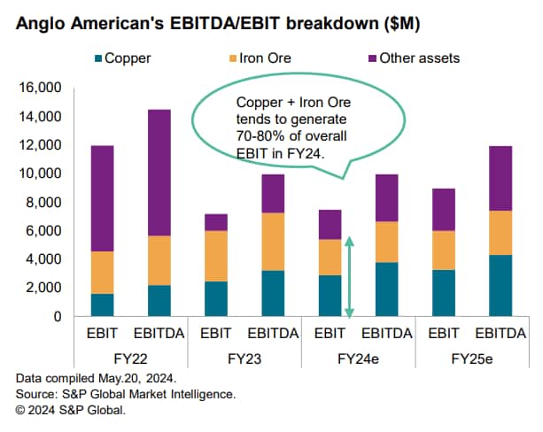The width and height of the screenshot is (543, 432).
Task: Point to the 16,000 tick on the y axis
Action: click(36, 89)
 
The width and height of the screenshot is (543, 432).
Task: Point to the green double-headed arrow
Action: click(349, 276)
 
